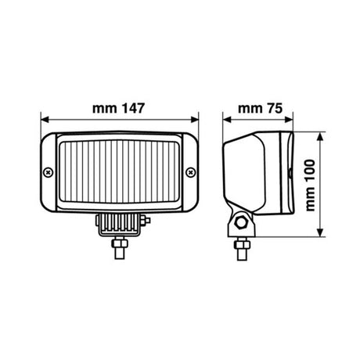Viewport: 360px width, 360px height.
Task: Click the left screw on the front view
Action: (49, 171)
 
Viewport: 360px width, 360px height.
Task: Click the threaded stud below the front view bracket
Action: (120, 249)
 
